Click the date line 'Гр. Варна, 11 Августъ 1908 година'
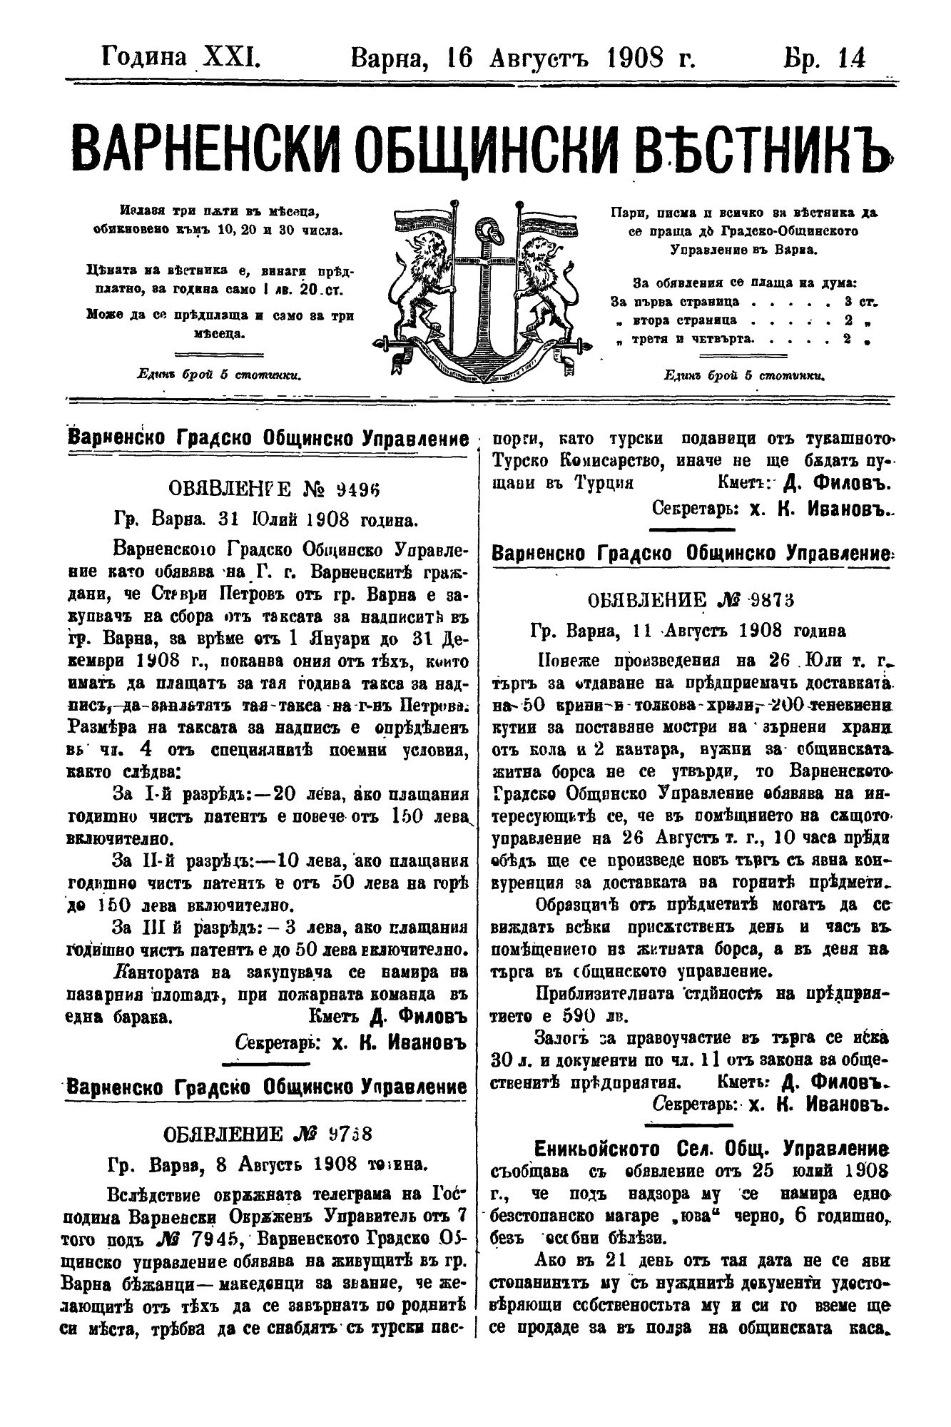pyautogui.click(x=688, y=631)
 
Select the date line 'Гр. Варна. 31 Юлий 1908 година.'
pyautogui.click(x=266, y=518)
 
